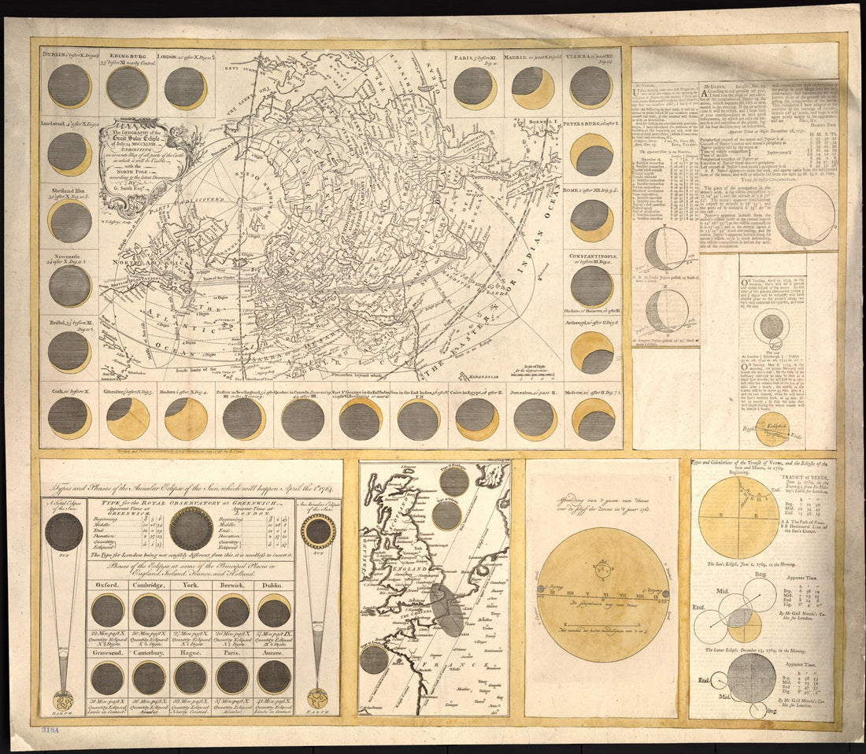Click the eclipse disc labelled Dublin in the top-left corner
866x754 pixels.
click(x=69, y=86)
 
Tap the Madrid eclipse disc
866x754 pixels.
click(x=533, y=87)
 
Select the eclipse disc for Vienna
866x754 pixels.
click(x=591, y=87)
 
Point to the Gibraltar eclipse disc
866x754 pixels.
click(x=128, y=418)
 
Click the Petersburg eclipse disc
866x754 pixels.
click(x=592, y=154)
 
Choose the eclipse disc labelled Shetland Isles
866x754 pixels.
click(x=69, y=221)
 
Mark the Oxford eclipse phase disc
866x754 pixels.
click(x=107, y=610)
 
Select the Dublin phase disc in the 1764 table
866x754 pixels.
click(x=274, y=610)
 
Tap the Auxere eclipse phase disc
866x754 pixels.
click(x=274, y=676)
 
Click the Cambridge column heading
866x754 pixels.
click(x=148, y=586)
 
